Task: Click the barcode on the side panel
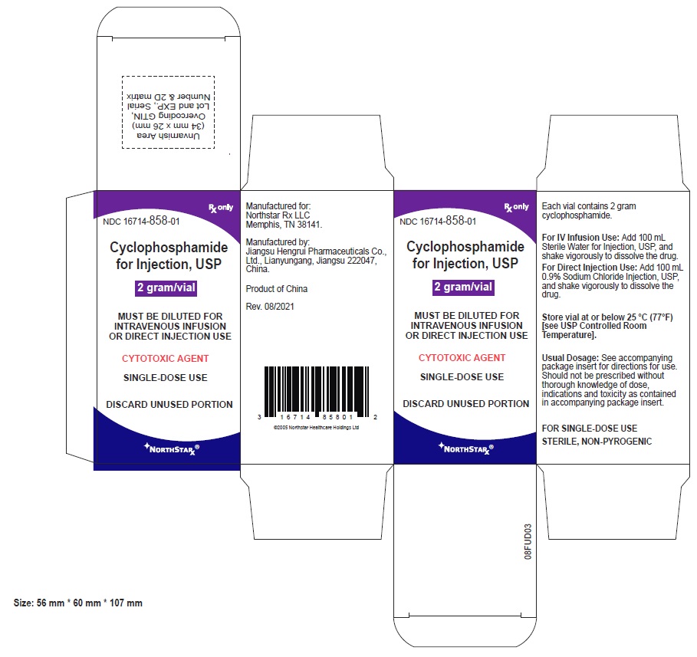coord(317,392)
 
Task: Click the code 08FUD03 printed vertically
coord(528,541)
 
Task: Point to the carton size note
coord(77,603)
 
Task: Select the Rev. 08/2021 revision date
coord(270,307)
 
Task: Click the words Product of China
coord(277,289)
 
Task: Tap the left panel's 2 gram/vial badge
coord(166,288)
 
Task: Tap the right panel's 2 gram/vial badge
coord(463,287)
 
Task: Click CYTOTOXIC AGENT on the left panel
coord(166,358)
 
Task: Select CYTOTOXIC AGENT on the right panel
coord(462,357)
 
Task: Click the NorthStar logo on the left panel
coord(172,449)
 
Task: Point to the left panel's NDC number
coord(141,221)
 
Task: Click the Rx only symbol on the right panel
coord(517,207)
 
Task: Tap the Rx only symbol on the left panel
coord(221,208)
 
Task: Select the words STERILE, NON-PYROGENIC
coord(597,442)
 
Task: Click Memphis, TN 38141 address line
coord(284,225)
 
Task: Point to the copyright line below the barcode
coord(316,428)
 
